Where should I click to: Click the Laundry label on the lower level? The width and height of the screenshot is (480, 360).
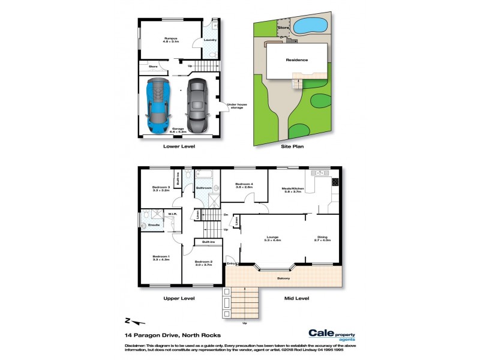click(x=210, y=40)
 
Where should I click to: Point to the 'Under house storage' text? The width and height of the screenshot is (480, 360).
click(x=236, y=106)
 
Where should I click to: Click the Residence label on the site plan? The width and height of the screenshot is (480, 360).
click(x=296, y=60)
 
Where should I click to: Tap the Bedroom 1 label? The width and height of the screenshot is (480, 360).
click(x=160, y=258)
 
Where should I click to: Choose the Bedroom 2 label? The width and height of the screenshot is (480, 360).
click(x=203, y=262)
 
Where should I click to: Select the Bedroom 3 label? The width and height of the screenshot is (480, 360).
click(x=161, y=188)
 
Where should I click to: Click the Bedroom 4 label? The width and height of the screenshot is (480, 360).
click(x=244, y=185)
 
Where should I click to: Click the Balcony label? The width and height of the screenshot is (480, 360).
click(x=284, y=278)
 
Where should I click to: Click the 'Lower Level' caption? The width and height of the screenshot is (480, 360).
click(x=179, y=146)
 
